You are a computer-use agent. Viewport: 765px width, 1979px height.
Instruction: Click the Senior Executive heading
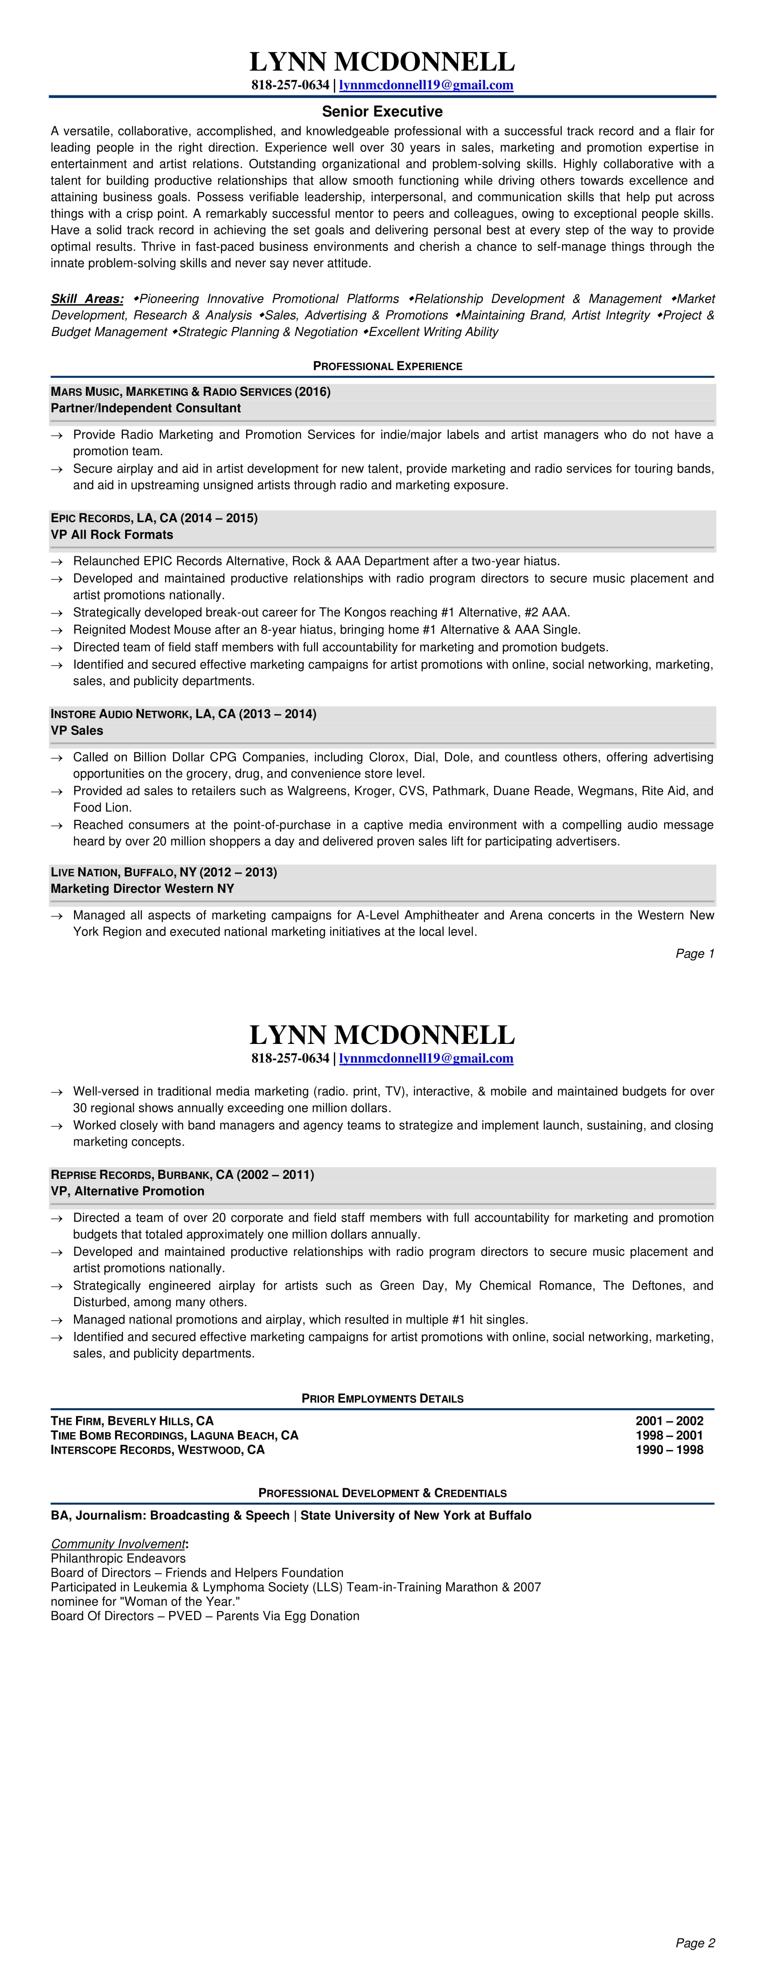(x=382, y=112)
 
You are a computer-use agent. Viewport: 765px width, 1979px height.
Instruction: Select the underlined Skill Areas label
(x=87, y=299)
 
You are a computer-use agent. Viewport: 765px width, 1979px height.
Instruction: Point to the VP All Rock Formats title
(x=112, y=535)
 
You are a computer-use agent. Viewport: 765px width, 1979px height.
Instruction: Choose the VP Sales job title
(x=77, y=730)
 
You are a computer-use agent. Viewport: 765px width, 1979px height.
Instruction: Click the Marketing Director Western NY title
(x=142, y=889)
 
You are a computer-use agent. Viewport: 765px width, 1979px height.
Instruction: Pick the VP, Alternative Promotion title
(x=128, y=1191)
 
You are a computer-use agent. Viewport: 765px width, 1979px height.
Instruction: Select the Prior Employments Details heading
(x=382, y=1399)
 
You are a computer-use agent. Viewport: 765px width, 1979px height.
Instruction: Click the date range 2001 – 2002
(x=669, y=1421)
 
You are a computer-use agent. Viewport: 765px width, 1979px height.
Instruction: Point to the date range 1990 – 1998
(x=669, y=1451)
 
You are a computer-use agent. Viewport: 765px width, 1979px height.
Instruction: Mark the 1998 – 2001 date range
(x=669, y=1436)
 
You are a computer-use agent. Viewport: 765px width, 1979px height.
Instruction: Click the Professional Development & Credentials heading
(x=382, y=1493)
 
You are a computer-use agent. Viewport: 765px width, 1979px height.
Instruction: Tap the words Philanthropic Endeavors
(x=118, y=1559)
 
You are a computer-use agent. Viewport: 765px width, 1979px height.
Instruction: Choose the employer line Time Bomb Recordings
(x=175, y=1436)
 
